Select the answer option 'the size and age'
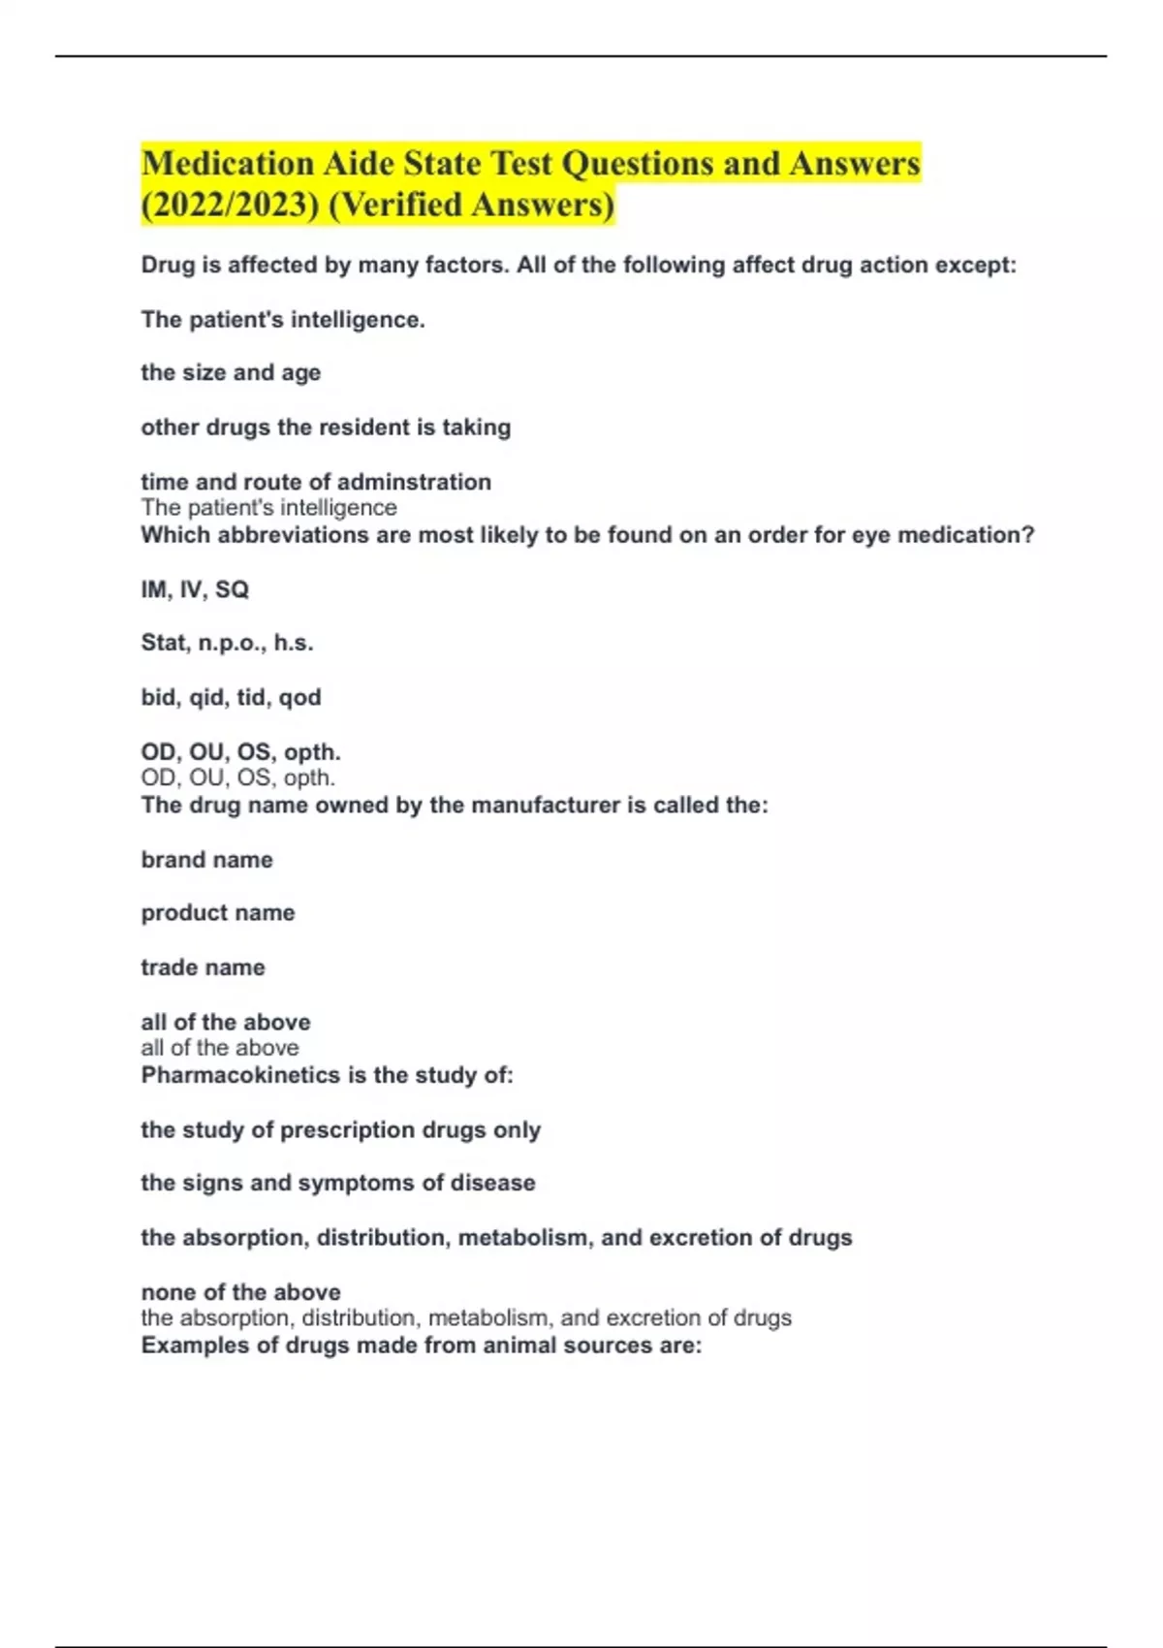[x=231, y=373]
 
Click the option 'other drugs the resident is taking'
[x=326, y=428]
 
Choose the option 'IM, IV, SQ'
[x=195, y=589]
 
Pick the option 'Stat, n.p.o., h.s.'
[x=227, y=643]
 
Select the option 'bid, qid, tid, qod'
[x=231, y=697]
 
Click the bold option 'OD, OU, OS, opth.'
[x=240, y=752]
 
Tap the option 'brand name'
[x=206, y=860]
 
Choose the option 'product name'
[x=218, y=913]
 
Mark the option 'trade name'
[x=203, y=967]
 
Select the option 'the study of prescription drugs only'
[x=340, y=1130]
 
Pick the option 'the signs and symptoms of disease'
[x=337, y=1184]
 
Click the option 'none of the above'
[x=240, y=1292]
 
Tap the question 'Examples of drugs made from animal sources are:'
[x=421, y=1346]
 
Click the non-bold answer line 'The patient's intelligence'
[x=268, y=508]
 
